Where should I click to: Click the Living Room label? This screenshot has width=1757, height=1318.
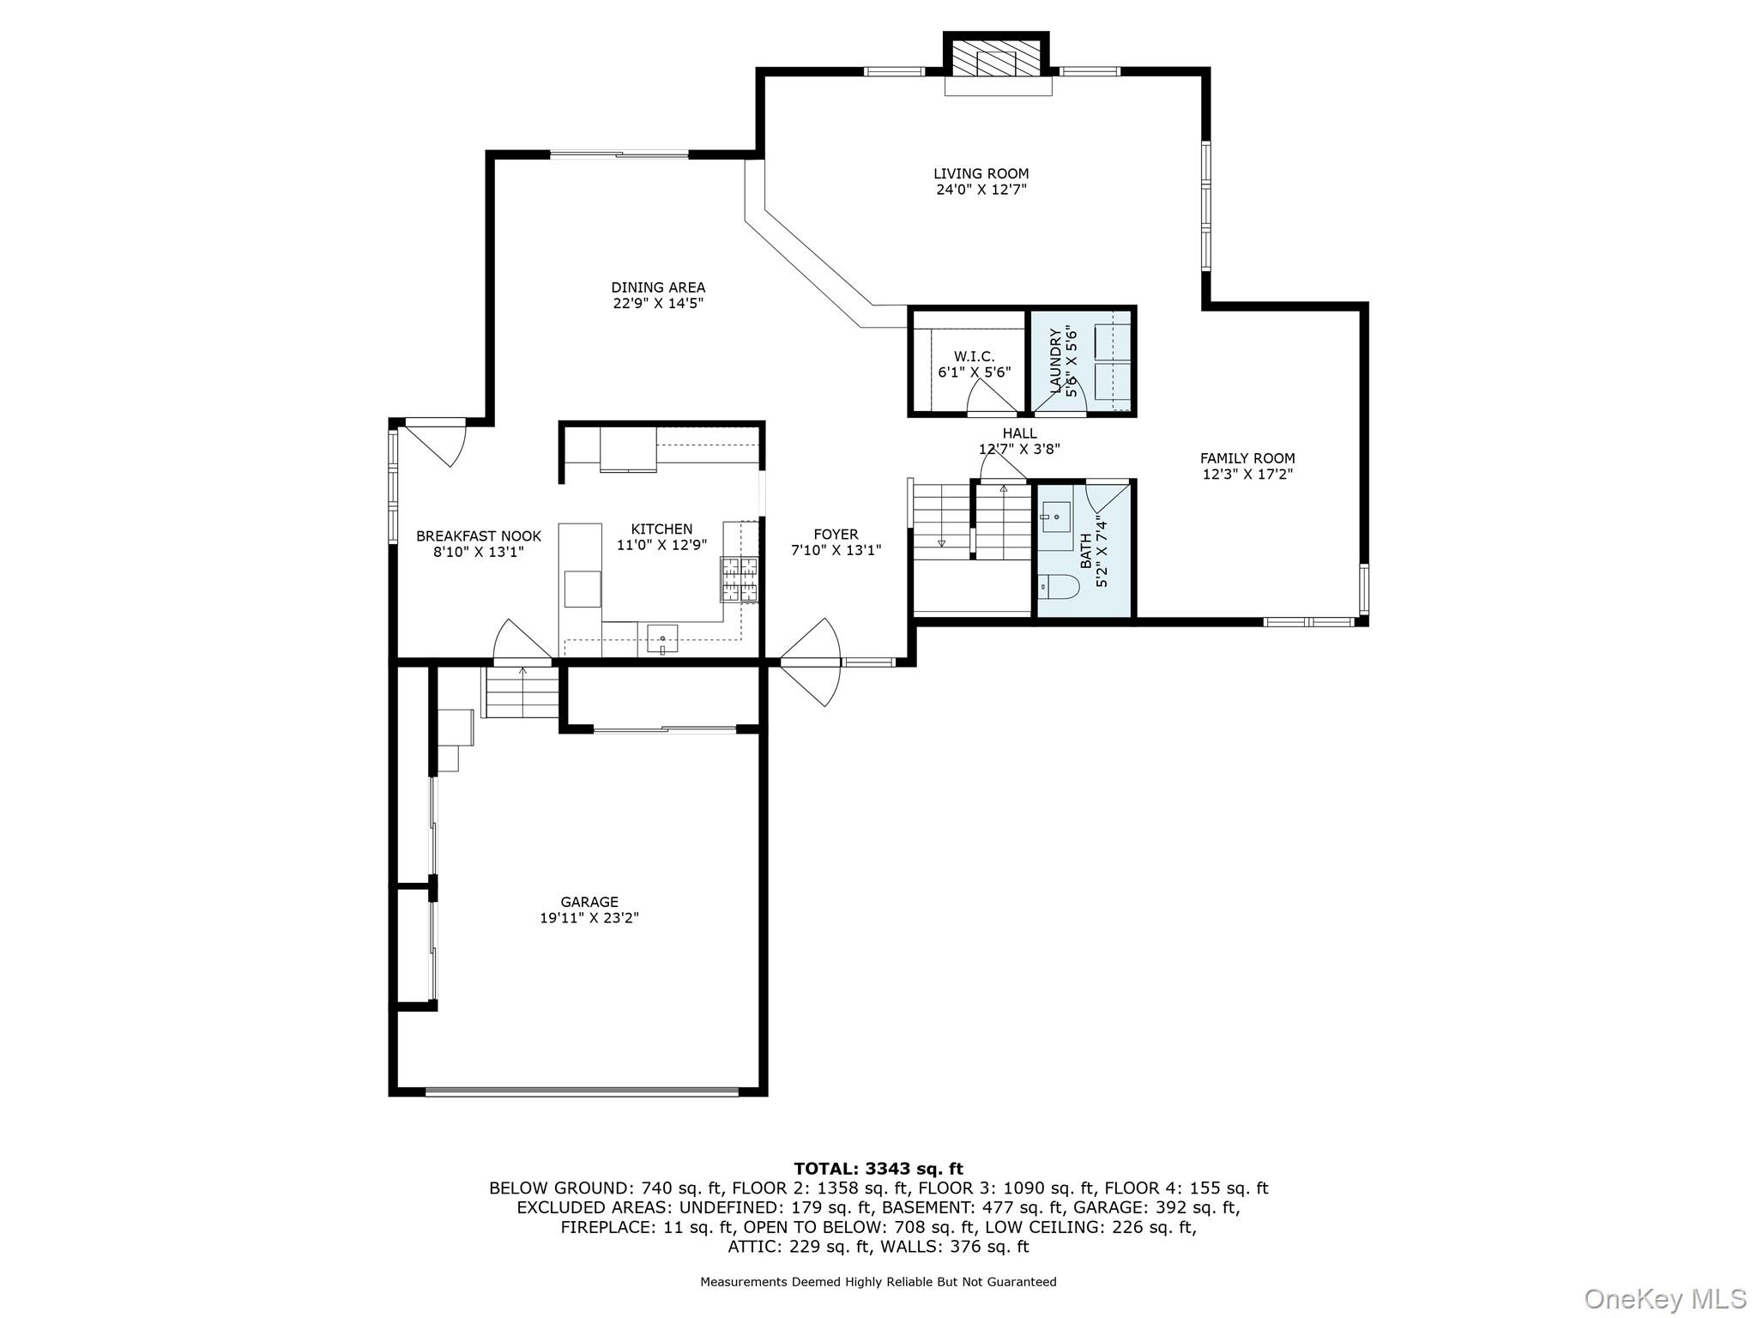981,173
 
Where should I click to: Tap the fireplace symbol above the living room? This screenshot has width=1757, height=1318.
997,63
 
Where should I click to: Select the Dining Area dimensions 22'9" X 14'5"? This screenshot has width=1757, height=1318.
658,303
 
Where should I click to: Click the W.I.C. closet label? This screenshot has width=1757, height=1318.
974,356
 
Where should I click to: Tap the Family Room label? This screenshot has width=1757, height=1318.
1247,458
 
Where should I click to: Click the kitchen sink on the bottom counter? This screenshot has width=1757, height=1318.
662,638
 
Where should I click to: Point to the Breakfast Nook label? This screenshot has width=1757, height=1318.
479,536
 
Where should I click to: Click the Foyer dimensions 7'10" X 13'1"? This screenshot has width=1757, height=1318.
836,550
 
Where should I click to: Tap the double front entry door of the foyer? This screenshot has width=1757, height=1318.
812,662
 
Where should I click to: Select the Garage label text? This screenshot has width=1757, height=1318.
589,902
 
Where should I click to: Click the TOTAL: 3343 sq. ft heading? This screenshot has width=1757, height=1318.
878,1168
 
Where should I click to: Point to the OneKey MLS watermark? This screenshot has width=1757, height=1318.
1664,1298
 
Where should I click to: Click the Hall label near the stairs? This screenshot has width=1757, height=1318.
1019,433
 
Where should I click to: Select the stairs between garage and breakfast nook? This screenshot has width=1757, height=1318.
522,692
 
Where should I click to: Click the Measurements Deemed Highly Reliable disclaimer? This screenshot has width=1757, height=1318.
878,1282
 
